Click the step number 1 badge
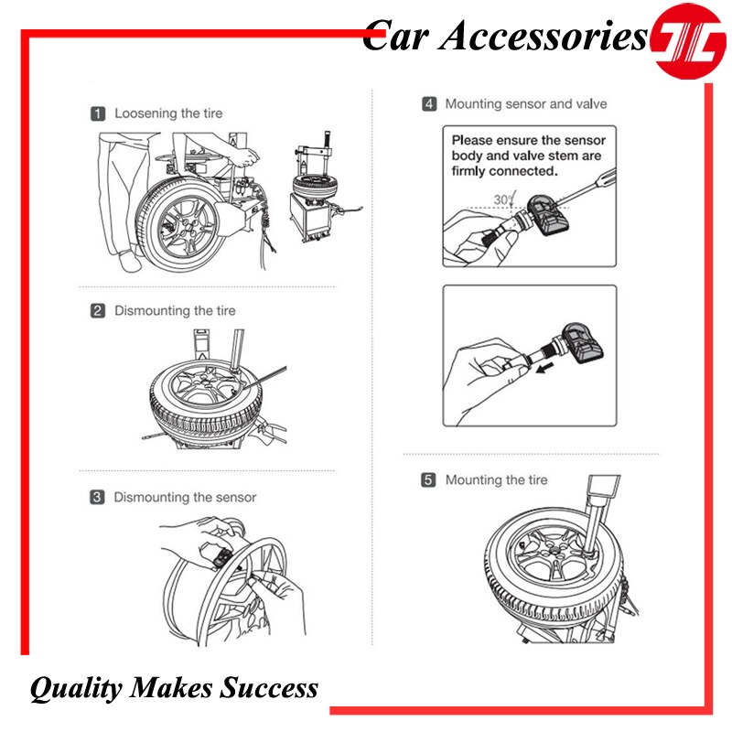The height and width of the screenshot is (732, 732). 98,114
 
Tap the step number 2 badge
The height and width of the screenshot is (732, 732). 98,311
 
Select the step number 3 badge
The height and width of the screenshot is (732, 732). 97,498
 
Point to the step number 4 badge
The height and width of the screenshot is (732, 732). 428,104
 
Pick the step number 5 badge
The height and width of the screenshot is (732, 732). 428,480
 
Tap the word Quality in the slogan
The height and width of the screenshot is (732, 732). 73,688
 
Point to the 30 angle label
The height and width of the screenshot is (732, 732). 502,199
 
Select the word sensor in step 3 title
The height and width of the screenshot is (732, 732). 232,498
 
